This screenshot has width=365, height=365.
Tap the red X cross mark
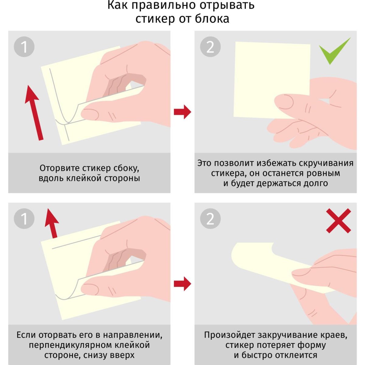338,221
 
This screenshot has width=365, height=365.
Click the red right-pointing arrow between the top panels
182,112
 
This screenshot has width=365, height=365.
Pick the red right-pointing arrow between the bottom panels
182,283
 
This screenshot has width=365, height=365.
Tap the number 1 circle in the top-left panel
24,47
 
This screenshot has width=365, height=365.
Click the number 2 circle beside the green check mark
210,47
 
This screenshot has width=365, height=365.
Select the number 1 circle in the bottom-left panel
24,219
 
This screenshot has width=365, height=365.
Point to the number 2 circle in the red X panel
210,219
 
